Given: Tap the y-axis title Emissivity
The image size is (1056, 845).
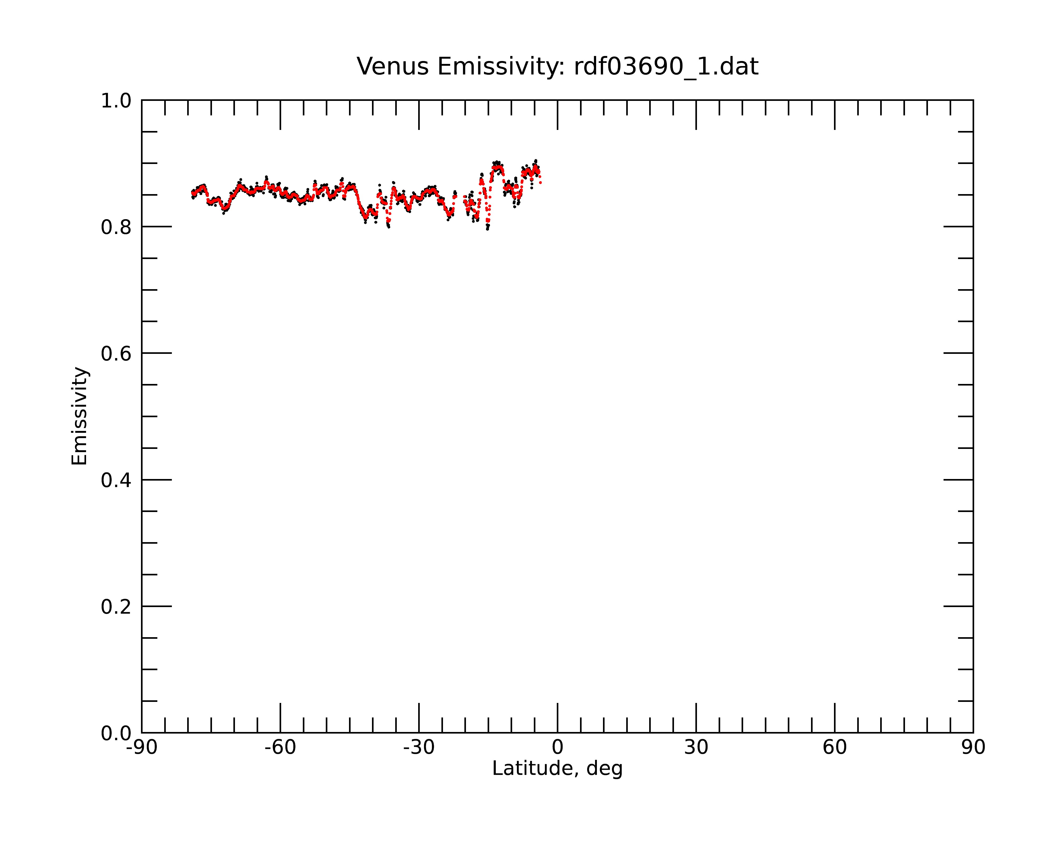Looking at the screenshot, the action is point(79,416).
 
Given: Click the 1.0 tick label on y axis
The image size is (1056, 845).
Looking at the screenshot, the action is point(116,101).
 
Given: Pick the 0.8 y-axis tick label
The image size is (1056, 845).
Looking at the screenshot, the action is point(116,227).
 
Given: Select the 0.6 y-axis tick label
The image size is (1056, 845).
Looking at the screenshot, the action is point(116,354).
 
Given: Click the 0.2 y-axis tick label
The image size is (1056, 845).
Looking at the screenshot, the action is point(116,607).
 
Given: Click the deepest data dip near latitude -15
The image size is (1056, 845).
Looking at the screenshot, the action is point(487,228).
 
